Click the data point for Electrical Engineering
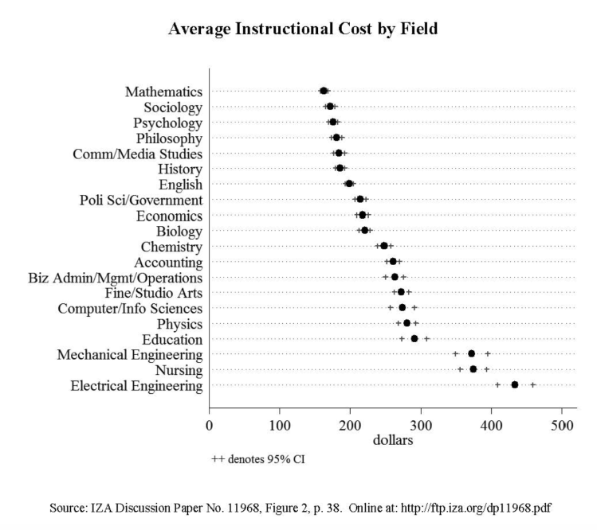point(515,384)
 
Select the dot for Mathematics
point(324,92)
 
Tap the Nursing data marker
point(473,369)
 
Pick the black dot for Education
point(414,338)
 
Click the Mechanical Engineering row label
point(129,354)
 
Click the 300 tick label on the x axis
point(422,424)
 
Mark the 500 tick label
point(563,424)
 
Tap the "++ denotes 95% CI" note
point(258,459)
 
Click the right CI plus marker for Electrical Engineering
point(533,384)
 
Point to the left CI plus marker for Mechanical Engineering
point(456,353)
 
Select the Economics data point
point(363,215)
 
